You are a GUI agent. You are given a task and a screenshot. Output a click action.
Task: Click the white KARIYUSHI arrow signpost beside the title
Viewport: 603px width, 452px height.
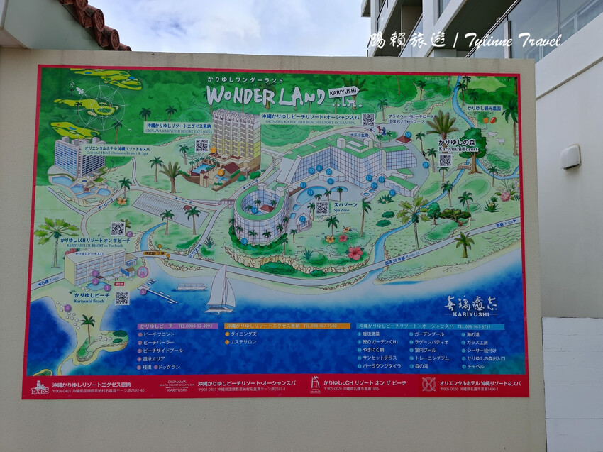tap(343, 92)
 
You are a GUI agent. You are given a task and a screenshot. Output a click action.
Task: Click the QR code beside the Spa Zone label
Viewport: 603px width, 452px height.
tap(322, 208)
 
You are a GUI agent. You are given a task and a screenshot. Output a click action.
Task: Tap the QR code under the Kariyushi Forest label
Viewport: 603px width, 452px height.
tap(445, 160)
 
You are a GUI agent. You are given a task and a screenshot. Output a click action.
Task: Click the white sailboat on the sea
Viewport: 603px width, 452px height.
tap(221, 290)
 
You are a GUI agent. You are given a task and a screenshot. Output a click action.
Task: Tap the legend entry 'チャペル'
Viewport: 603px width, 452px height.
tap(476, 366)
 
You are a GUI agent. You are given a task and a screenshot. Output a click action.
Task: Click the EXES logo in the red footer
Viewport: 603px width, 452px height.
tap(40, 387)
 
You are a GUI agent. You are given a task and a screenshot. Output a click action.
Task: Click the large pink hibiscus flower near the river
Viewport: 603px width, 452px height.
tap(355, 252)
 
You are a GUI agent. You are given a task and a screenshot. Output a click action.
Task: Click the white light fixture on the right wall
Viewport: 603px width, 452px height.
tap(570, 157)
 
